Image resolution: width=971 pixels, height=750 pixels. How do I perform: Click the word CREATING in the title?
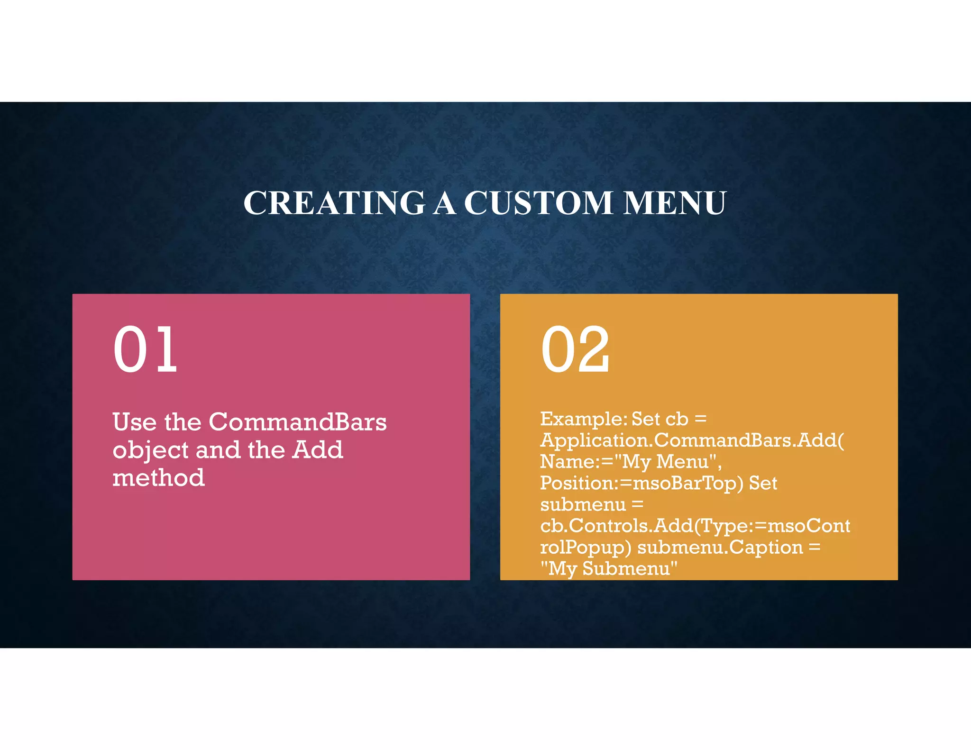(334, 203)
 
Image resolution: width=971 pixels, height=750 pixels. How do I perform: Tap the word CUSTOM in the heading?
(538, 203)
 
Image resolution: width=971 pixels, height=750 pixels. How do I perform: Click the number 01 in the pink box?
(145, 350)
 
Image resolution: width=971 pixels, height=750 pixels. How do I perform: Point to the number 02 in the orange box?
(575, 350)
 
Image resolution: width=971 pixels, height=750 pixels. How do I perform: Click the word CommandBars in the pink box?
(298, 421)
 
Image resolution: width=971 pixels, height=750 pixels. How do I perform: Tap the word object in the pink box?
(151, 450)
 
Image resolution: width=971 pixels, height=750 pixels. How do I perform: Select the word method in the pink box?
(158, 477)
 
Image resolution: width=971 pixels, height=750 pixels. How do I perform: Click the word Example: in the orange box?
(584, 419)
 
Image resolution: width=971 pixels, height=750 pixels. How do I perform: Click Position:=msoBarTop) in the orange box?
(641, 483)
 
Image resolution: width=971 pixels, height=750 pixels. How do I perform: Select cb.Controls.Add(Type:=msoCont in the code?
(695, 526)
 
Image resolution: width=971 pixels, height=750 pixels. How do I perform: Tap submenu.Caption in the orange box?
(720, 547)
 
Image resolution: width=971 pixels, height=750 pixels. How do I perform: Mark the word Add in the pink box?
(317, 450)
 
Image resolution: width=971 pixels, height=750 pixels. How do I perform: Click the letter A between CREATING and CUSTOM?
(444, 203)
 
